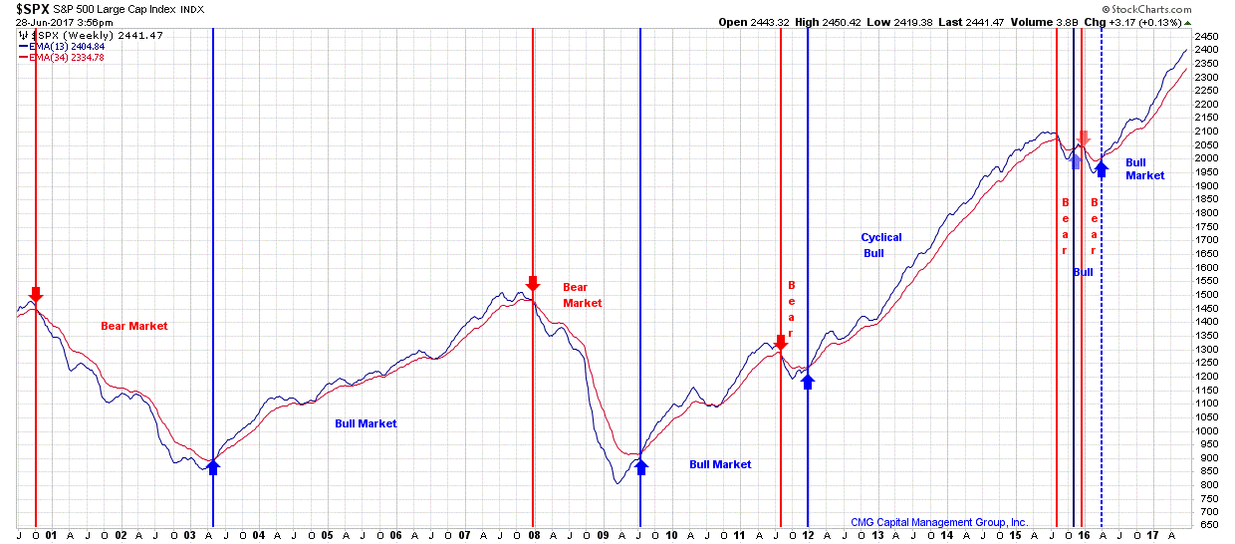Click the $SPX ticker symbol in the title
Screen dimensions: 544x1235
pyautogui.click(x=32, y=9)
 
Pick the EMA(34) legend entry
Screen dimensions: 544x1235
pyautogui.click(x=62, y=57)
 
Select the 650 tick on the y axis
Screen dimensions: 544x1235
pyautogui.click(x=1207, y=525)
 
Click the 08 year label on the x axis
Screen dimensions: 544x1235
pyautogui.click(x=534, y=535)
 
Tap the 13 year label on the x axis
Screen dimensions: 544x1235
pyautogui.click(x=877, y=535)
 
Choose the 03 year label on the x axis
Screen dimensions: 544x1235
pyautogui.click(x=190, y=535)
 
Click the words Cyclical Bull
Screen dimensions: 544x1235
pyautogui.click(x=880, y=245)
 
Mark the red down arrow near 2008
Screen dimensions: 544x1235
pyautogui.click(x=533, y=284)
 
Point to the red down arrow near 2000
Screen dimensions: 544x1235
pyautogui.click(x=36, y=294)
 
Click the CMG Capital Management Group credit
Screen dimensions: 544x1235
pyautogui.click(x=938, y=522)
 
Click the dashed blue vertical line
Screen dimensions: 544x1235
pyautogui.click(x=1102, y=299)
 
